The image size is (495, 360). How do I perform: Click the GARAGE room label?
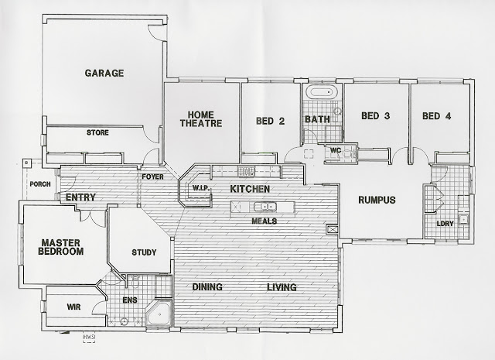point(104,73)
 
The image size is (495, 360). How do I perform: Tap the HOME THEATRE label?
point(201,119)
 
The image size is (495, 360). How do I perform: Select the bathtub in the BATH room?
point(322,92)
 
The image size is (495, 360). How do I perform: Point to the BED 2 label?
point(270,121)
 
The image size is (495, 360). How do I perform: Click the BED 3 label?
point(376,116)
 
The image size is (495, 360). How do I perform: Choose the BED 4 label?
point(436,116)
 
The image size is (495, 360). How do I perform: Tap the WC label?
point(335,150)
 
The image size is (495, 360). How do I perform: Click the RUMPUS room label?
point(377,200)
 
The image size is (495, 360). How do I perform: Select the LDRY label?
point(445,224)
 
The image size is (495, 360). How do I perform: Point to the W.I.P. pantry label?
point(201,188)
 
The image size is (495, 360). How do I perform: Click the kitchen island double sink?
point(265,207)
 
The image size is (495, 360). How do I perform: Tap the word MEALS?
point(265,221)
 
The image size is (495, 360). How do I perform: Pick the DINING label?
point(207,287)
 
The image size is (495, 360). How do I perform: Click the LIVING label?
point(282,287)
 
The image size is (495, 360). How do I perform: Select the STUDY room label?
point(144,252)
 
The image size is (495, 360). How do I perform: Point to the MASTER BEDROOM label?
point(61,247)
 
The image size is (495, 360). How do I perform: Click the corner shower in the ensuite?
point(159,314)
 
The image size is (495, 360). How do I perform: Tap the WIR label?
point(73,307)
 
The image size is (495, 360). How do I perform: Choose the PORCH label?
point(40,184)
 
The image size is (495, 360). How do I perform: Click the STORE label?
point(97,132)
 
